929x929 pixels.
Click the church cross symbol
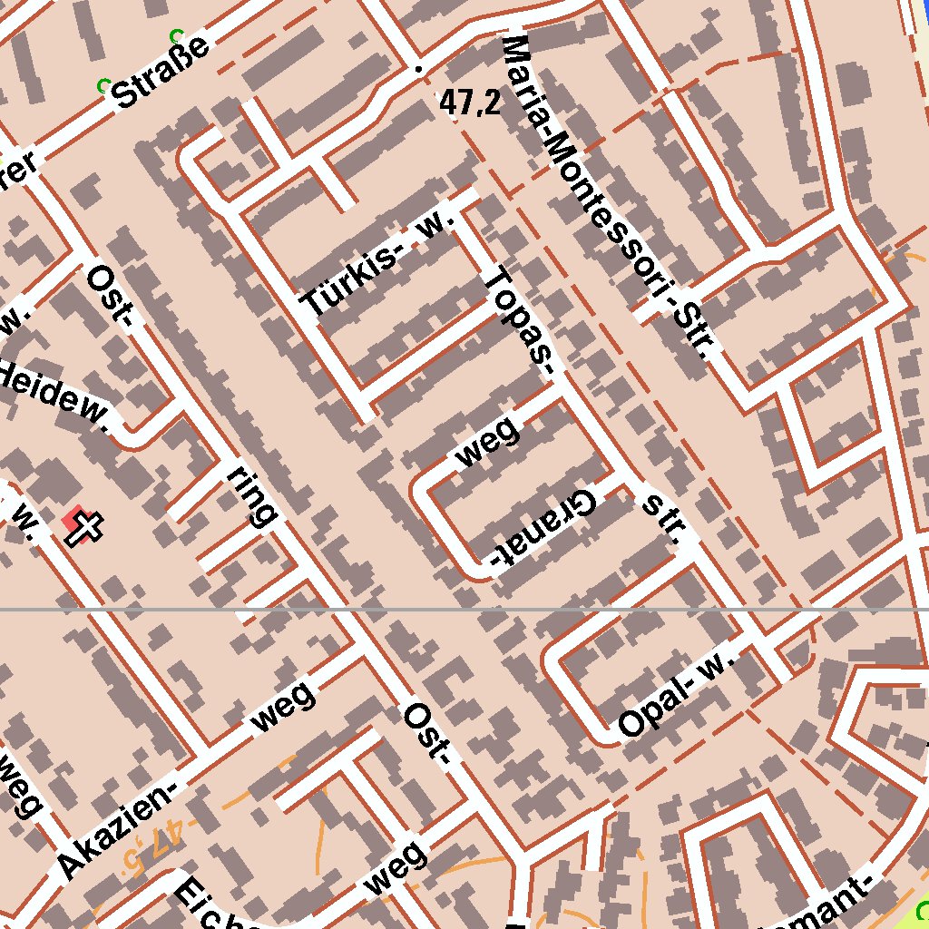(x=84, y=528)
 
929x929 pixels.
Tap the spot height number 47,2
(x=470, y=103)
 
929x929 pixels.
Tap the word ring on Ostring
(x=250, y=497)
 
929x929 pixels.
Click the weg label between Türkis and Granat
(x=488, y=442)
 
